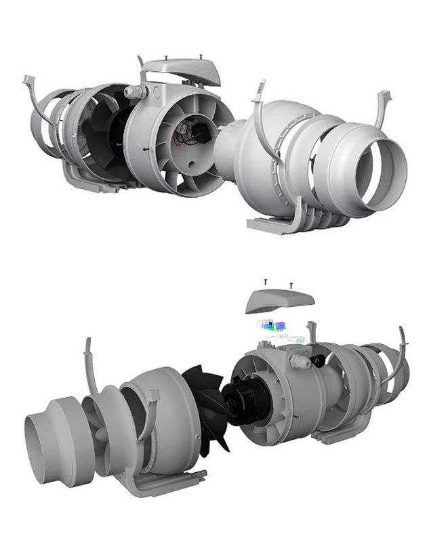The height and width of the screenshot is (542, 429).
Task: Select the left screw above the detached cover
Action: point(266,281)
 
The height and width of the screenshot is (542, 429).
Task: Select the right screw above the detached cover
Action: point(291,285)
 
